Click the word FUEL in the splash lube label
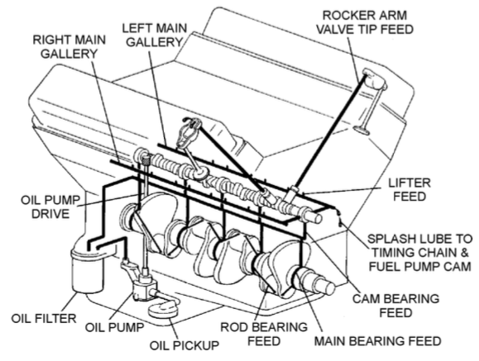click(382, 266)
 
